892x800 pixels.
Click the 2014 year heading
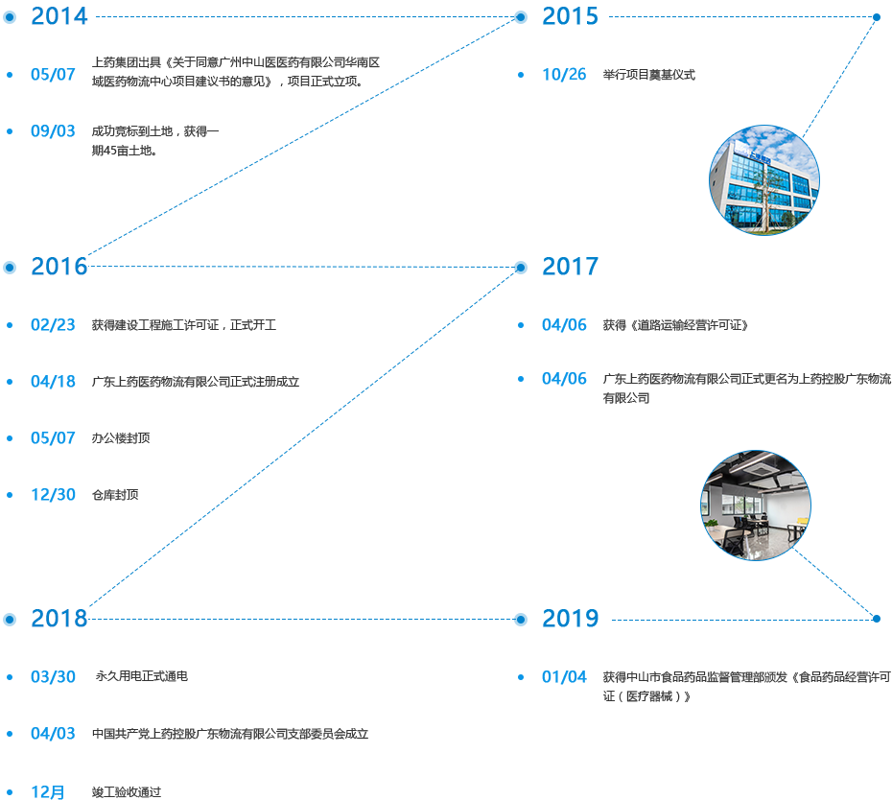[x=59, y=16]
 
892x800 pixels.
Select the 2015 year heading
[x=570, y=16]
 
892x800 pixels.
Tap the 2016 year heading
[x=59, y=267]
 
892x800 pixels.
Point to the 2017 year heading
[x=570, y=267]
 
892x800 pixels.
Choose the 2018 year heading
[x=59, y=619]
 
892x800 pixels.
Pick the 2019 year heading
[x=570, y=619]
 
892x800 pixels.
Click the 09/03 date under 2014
[x=53, y=131]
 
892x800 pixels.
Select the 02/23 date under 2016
[x=53, y=325]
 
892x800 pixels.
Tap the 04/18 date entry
[x=53, y=382]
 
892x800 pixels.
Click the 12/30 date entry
[x=53, y=495]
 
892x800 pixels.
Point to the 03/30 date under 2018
[x=53, y=677]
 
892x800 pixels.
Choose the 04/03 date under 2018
[x=53, y=734]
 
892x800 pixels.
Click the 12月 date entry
[x=48, y=792]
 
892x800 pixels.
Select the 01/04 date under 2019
[x=564, y=677]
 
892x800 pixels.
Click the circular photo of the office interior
[x=756, y=505]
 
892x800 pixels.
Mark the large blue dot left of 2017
[x=521, y=268]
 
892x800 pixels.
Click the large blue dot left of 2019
[x=521, y=620]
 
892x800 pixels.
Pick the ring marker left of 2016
[x=10, y=268]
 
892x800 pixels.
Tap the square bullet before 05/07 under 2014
[x=10, y=74]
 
